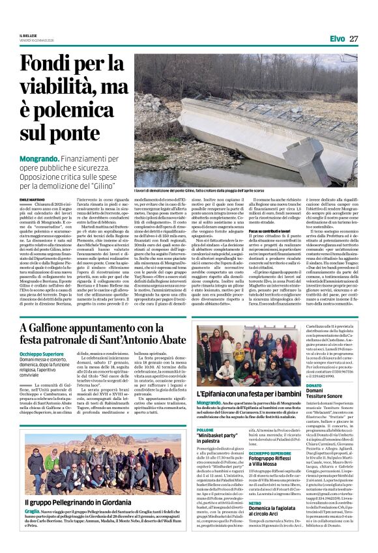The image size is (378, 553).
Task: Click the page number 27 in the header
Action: pyautogui.click(x=353, y=38)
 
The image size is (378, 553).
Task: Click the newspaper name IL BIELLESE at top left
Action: pyautogui.click(x=29, y=35)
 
